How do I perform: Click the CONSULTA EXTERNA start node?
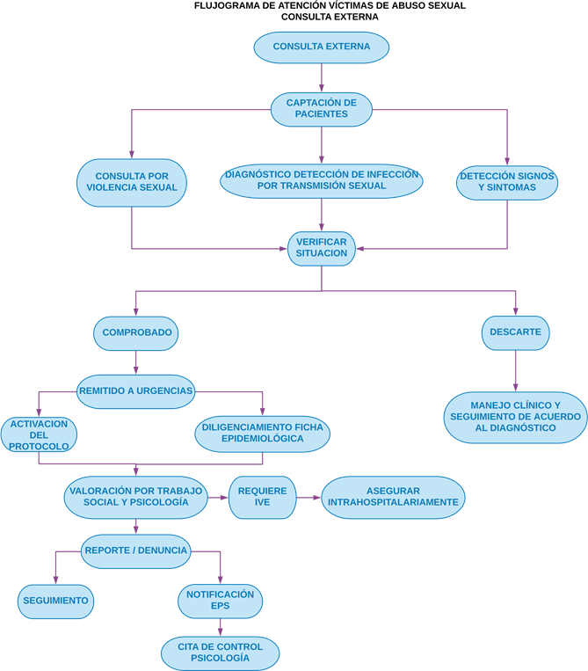[321, 47]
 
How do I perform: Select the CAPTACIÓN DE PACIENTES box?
[321, 108]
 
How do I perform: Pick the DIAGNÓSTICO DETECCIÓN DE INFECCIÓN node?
[321, 180]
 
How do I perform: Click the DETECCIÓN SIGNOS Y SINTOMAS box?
[507, 181]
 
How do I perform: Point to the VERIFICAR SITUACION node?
[321, 247]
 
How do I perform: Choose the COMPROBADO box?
[136, 332]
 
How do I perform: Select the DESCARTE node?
[516, 332]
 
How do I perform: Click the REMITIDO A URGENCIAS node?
[135, 390]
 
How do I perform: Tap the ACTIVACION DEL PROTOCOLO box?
[39, 434]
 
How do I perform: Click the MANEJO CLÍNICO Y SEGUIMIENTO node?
[515, 416]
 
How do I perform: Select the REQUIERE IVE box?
[263, 497]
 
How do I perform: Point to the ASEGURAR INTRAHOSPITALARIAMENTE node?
[393, 497]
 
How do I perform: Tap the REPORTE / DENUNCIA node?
[136, 551]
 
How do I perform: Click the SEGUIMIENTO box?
[56, 601]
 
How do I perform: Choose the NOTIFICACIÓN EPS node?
[220, 601]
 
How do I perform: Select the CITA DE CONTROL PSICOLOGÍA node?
[220, 652]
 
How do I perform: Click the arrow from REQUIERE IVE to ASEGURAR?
[309, 498]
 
